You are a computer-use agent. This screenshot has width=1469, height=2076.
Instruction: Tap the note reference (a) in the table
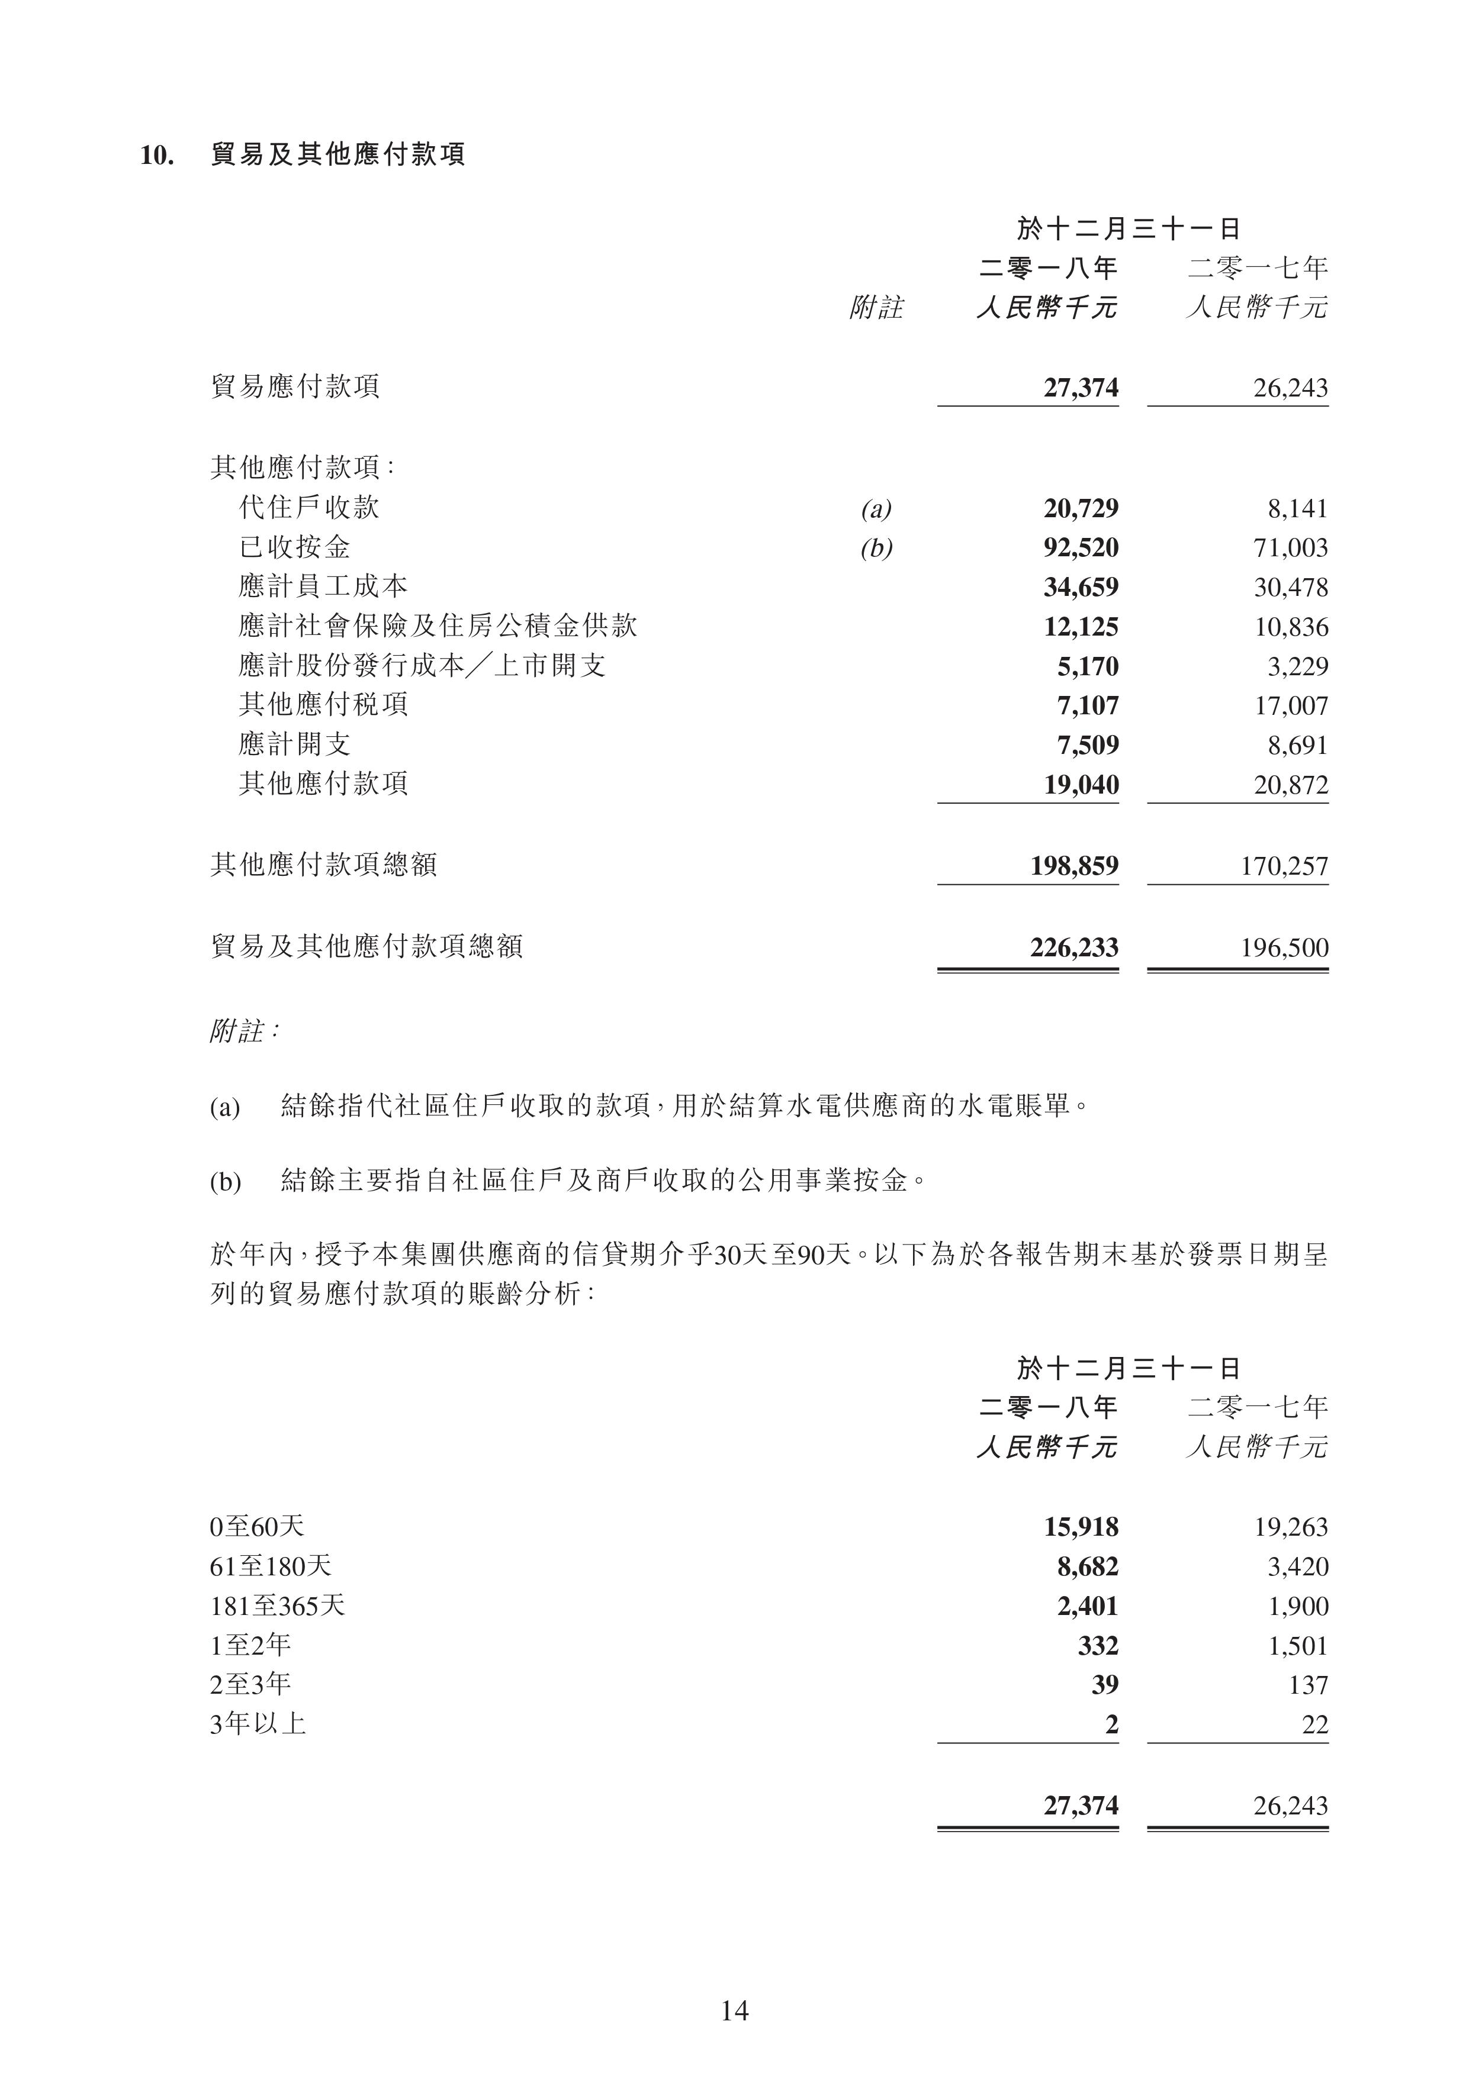[x=876, y=509]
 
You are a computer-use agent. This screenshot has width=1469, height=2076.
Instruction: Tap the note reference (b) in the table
[x=876, y=549]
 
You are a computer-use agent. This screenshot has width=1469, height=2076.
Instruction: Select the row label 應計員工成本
[x=323, y=587]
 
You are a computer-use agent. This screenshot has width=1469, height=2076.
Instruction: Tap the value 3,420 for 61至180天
[x=1297, y=1567]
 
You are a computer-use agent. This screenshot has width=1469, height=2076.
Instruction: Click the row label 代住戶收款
[x=308, y=507]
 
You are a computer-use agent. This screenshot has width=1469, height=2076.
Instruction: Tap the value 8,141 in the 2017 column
[x=1297, y=508]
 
